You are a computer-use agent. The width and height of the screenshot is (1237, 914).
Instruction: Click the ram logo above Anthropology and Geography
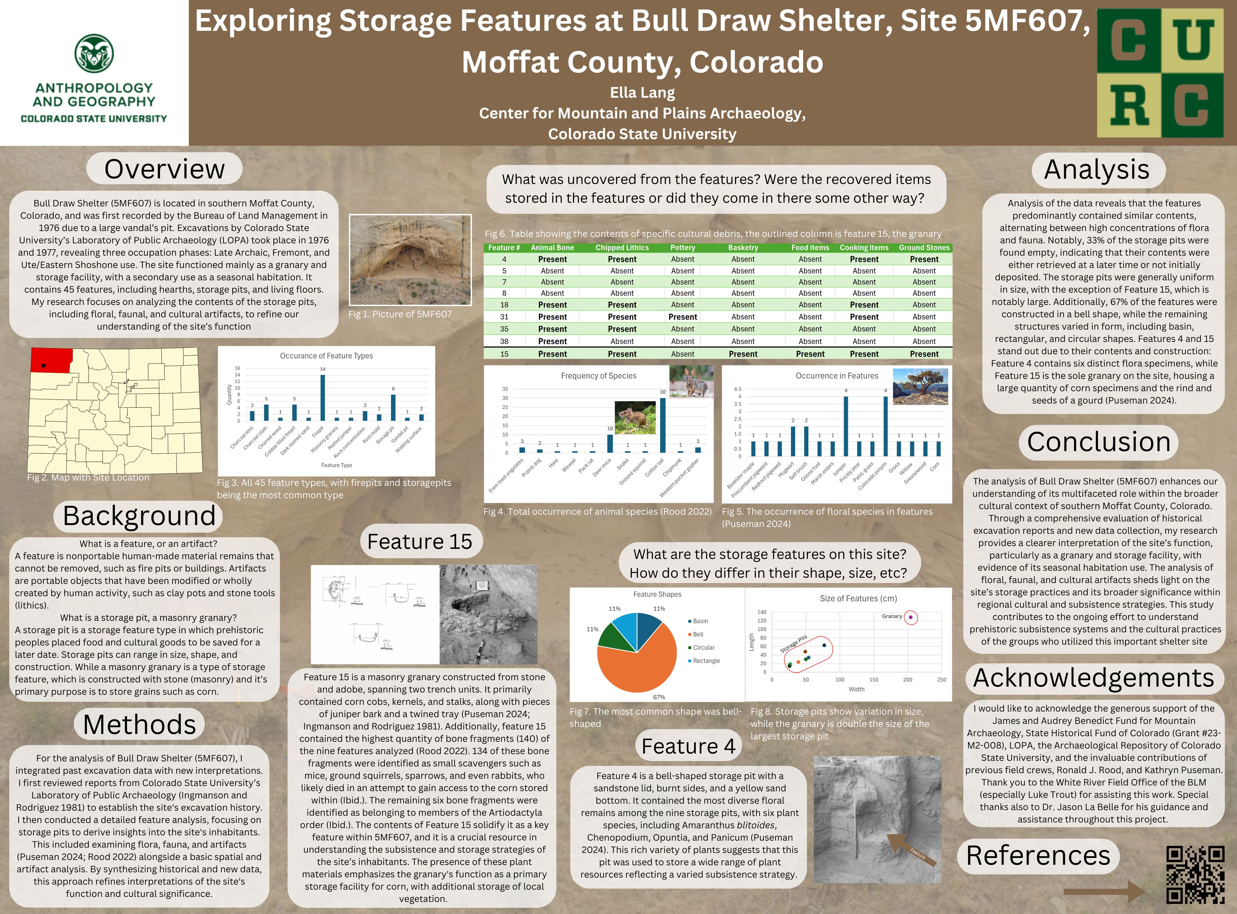[94, 53]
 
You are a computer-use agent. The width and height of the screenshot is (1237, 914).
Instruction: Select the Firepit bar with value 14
[323, 397]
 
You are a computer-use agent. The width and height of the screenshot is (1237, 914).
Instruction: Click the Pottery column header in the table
[682, 248]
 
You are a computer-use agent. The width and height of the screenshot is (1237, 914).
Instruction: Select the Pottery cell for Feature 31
[682, 317]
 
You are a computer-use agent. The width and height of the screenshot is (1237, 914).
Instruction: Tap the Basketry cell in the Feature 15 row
[743, 354]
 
